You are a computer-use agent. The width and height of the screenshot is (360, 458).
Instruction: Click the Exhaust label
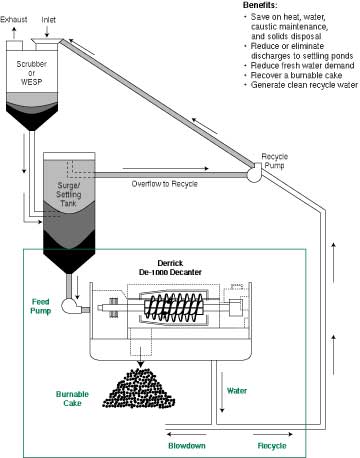[14, 19]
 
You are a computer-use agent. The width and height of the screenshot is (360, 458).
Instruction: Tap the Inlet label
[48, 20]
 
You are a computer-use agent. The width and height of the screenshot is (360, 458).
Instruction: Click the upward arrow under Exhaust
[14, 32]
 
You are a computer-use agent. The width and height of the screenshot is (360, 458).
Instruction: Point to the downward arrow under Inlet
[47, 31]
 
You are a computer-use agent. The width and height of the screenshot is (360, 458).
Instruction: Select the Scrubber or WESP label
[32, 73]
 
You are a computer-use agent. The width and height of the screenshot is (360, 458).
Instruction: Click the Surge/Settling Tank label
[68, 194]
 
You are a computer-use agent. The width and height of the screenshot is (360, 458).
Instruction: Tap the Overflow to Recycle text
[165, 184]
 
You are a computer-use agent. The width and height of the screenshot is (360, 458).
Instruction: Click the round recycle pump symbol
[254, 173]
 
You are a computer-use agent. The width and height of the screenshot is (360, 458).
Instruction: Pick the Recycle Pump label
[274, 161]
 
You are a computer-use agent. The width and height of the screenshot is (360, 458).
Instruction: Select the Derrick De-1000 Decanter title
[170, 268]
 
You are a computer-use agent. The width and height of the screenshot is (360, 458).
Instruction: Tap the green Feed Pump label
[41, 306]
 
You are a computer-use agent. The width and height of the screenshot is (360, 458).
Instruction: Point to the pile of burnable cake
[138, 388]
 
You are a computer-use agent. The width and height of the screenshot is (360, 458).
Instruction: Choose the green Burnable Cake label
[72, 399]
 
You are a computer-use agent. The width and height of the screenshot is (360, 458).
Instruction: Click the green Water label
[237, 391]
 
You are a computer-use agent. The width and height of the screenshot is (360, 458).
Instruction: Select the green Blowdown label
[187, 446]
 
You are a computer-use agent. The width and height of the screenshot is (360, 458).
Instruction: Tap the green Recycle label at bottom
[272, 446]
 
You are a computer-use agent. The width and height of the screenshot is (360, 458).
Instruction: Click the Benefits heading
[260, 5]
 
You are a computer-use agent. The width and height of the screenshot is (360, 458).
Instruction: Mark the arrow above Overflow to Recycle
[166, 169]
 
